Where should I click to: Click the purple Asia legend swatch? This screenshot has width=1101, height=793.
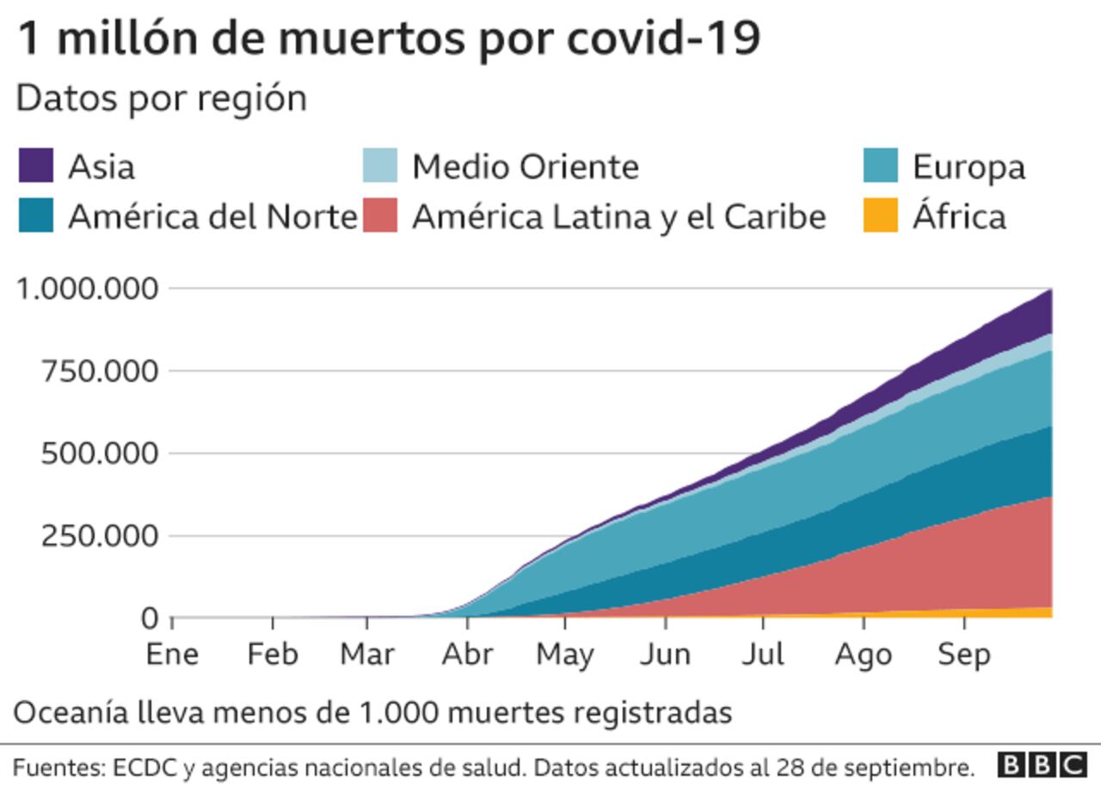pos(35,166)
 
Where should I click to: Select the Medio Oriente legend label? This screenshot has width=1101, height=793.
pos(525,167)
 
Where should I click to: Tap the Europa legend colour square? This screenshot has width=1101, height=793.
pos(880,166)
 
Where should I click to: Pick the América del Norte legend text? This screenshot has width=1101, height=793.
pos(212,217)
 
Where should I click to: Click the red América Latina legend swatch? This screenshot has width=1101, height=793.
pos(379,216)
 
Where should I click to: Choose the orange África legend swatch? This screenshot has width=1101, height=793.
pos(880,216)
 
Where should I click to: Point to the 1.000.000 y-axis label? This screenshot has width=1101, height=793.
pos(89,288)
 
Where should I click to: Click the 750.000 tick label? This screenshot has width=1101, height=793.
pos(101,372)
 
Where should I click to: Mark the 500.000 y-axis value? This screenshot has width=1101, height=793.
pos(101,453)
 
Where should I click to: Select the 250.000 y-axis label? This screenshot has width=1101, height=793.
pos(101,536)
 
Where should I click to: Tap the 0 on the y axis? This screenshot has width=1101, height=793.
pos(149,618)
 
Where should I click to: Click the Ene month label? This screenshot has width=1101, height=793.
pos(172,655)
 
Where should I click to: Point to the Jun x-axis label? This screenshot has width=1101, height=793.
pos(665,655)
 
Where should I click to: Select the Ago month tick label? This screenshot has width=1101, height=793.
pos(864,655)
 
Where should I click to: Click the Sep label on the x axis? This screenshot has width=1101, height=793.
pos(963,655)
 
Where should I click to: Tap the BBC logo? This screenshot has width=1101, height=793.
pos(1043,765)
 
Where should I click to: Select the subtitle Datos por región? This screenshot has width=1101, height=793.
pos(161,99)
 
